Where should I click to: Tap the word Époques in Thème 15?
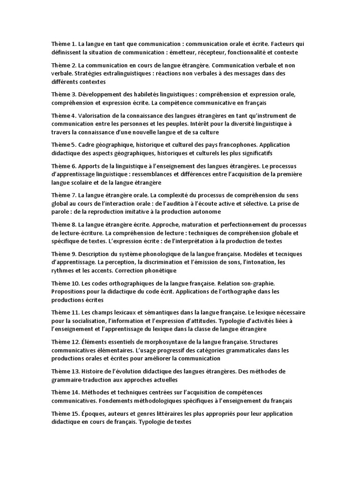click(92, 413)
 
